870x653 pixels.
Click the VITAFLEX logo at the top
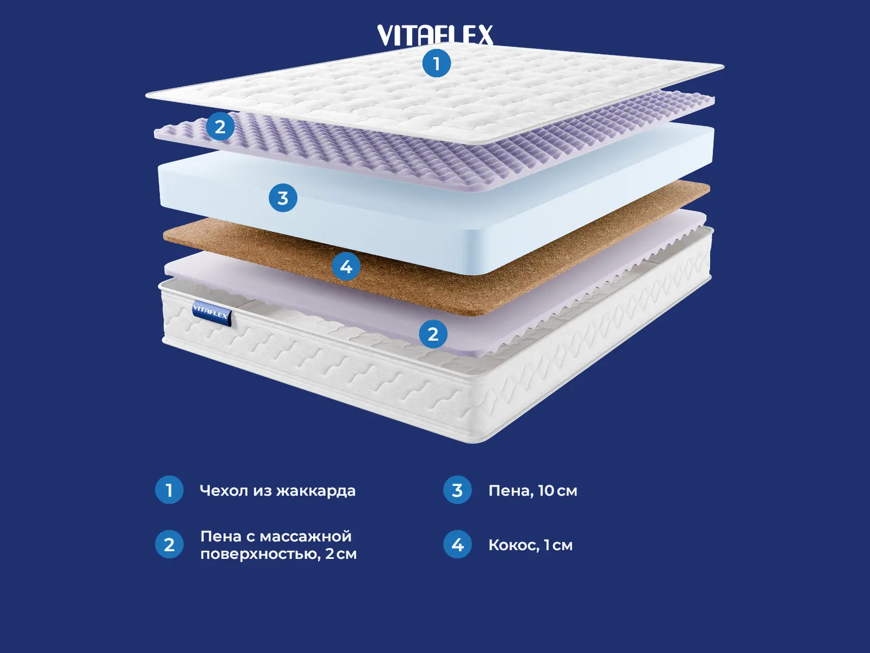pyautogui.click(x=435, y=35)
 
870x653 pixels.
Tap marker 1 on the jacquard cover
pyautogui.click(x=436, y=63)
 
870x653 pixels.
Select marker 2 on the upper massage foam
pyautogui.click(x=220, y=126)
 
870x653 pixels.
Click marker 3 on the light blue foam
pyautogui.click(x=283, y=198)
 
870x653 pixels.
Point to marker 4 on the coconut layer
pyautogui.click(x=346, y=267)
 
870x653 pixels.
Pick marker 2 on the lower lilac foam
pyautogui.click(x=433, y=334)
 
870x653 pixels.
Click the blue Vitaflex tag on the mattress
pyautogui.click(x=212, y=313)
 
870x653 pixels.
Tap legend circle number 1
pyautogui.click(x=169, y=490)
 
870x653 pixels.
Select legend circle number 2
pyautogui.click(x=169, y=544)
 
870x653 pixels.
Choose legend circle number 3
pyautogui.click(x=457, y=490)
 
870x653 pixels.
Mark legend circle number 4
pyautogui.click(x=457, y=544)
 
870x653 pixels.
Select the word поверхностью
pyautogui.click(x=260, y=554)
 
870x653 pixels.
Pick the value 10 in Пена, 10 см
pyautogui.click(x=546, y=490)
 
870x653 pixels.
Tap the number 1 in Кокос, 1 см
pyautogui.click(x=547, y=545)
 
